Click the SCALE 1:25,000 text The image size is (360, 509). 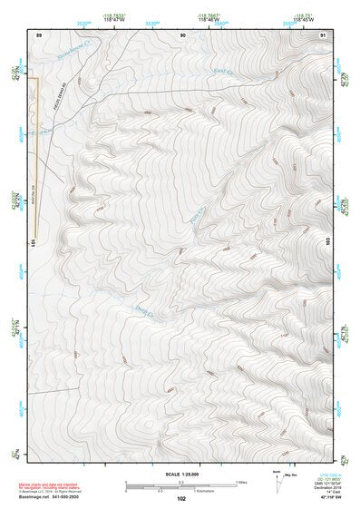pos(181,474)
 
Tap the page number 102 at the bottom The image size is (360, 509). pos(181,498)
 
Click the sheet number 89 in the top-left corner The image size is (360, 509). pos(38,34)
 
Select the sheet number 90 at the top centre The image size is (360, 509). pos(183,34)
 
